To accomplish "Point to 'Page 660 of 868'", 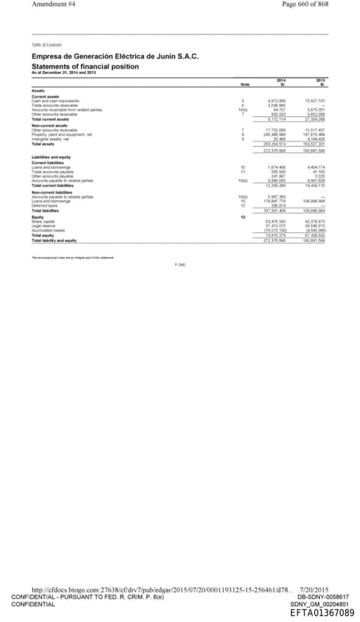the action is [304, 4].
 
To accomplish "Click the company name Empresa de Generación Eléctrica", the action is [115, 56].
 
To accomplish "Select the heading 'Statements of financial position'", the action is [85, 67].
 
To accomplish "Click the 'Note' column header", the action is [245, 84].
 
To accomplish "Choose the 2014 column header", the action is [281, 81].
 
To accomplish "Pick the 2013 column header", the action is [321, 81].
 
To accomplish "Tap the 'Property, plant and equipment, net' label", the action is [63, 134].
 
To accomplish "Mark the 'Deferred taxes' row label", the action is [46, 205].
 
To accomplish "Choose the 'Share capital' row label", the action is [44, 221].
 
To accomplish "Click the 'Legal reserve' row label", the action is [44, 225].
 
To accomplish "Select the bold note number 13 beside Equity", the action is [242, 217].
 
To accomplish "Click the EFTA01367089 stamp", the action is [322, 613].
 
